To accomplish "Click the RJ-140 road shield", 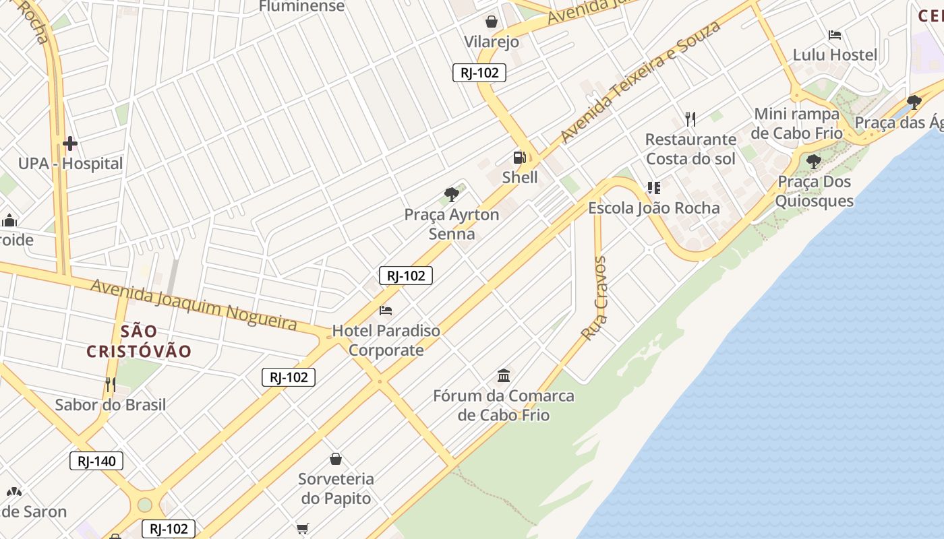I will click(x=96, y=462).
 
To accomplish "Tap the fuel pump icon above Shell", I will click(x=520, y=158).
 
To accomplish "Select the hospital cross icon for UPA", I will click(x=69, y=144).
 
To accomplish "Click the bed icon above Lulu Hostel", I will click(x=835, y=35).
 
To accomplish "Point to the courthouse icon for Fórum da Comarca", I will click(x=504, y=375).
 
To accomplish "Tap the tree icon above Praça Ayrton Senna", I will click(x=452, y=195).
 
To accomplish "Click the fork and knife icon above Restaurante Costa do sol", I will click(x=690, y=119).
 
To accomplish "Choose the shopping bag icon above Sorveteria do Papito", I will click(x=336, y=459).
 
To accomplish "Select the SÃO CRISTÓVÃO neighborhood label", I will click(x=140, y=341).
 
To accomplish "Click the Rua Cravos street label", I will click(x=595, y=298).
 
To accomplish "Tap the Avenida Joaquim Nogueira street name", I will click(x=194, y=305).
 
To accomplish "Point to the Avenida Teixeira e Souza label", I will click(x=640, y=82).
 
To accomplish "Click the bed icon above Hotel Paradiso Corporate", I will click(x=386, y=311).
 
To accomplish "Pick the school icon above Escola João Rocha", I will click(x=653, y=187).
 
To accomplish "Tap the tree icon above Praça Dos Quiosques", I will click(x=814, y=162).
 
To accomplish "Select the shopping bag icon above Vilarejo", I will click(x=492, y=22).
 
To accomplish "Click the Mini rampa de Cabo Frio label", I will click(x=797, y=123).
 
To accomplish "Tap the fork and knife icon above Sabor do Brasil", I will click(x=111, y=385).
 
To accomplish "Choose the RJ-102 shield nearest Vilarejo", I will click(x=479, y=73).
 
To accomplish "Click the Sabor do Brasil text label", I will click(x=111, y=405).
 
